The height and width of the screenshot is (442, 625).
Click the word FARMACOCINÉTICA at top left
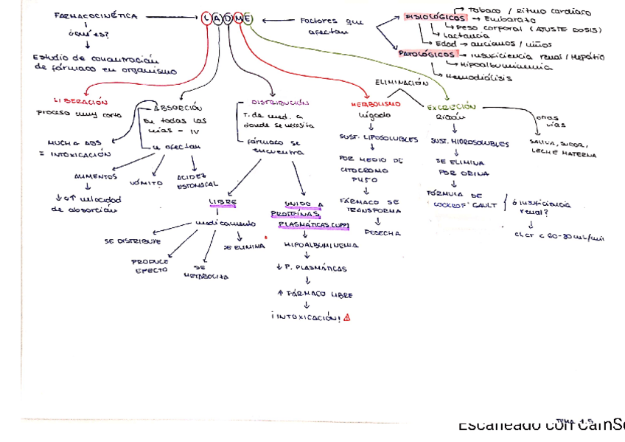pyautogui.click(x=96, y=16)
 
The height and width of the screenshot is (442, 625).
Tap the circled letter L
pyautogui.click(x=206, y=18)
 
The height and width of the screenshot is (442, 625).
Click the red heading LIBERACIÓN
pyautogui.click(x=81, y=102)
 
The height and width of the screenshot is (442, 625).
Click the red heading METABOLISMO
pyautogui.click(x=376, y=105)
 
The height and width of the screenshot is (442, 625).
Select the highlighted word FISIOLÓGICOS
pyautogui.click(x=435, y=17)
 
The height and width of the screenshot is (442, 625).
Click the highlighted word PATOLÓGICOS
pyautogui.click(x=428, y=54)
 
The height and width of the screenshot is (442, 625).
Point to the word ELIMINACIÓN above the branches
pyautogui.click(x=402, y=83)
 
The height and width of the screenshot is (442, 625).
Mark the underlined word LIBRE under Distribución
pyautogui.click(x=223, y=201)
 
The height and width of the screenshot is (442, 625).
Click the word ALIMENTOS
pyautogui.click(x=95, y=177)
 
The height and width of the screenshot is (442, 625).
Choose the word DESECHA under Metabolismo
pyautogui.click(x=383, y=232)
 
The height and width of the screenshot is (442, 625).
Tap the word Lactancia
pyautogui.click(x=466, y=35)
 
